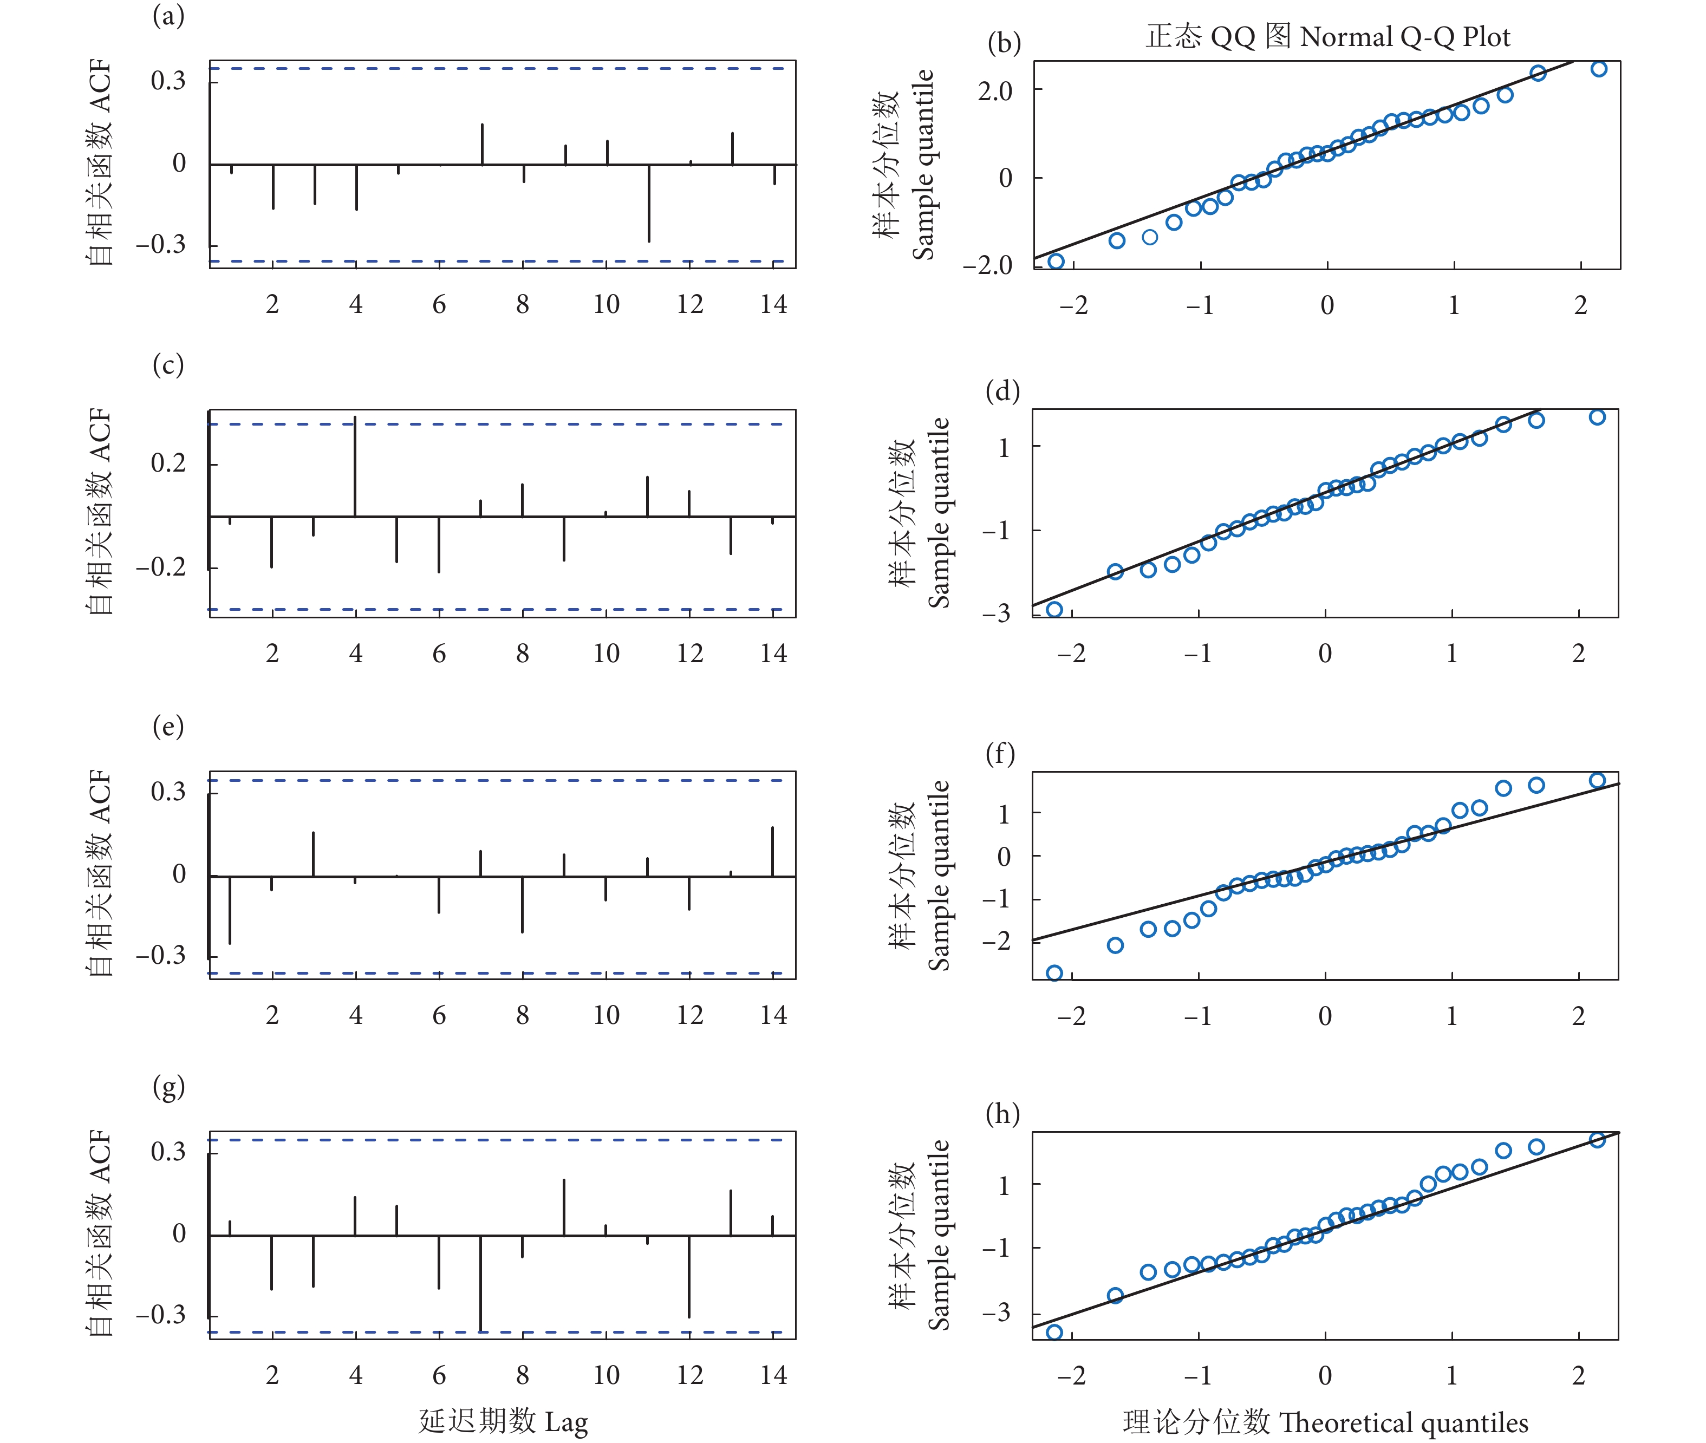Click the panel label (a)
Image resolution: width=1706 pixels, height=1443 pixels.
pyautogui.click(x=168, y=16)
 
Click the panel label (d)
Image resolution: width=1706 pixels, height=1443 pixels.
pyautogui.click(x=1002, y=391)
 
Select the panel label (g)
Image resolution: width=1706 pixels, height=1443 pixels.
pyautogui.click(x=168, y=1087)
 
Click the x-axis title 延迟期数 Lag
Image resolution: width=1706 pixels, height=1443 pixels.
pyautogui.click(x=503, y=1421)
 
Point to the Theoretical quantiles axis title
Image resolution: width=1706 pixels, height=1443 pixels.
pyautogui.click(x=1325, y=1422)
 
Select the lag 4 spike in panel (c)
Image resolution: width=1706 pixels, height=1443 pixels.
pyautogui.click(x=355, y=466)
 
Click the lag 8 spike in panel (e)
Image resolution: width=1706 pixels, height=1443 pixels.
pyautogui.click(x=522, y=904)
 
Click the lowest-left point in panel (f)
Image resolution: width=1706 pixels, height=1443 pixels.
pyautogui.click(x=1054, y=972)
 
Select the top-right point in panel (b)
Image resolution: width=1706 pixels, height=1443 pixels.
pyautogui.click(x=1599, y=69)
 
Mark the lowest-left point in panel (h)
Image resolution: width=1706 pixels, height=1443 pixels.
pyautogui.click(x=1054, y=1333)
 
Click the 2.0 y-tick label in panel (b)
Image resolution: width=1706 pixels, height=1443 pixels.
pyautogui.click(x=995, y=91)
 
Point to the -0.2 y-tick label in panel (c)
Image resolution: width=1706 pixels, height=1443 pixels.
pyautogui.click(x=161, y=567)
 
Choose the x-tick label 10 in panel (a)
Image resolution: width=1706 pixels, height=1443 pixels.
pyautogui.click(x=606, y=304)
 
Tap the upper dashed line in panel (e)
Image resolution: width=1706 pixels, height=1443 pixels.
pyautogui.click(x=503, y=780)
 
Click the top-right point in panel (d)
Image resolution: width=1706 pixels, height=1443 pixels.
pyautogui.click(x=1597, y=417)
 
